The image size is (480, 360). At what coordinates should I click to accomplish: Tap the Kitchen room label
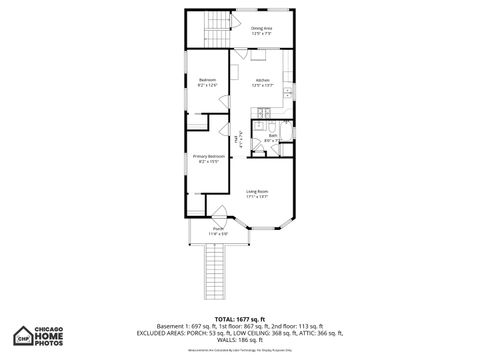point(262,82)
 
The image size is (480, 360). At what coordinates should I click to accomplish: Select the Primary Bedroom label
point(207,157)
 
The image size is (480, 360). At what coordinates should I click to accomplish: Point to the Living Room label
point(257,193)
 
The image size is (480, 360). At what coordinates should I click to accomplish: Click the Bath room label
point(272,138)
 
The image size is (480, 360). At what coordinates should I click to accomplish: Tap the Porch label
point(218,231)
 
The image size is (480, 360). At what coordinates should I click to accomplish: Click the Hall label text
point(238,142)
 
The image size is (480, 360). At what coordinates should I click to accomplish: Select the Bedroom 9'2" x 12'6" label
point(207,82)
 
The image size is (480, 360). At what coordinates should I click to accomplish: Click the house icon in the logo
point(23,334)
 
